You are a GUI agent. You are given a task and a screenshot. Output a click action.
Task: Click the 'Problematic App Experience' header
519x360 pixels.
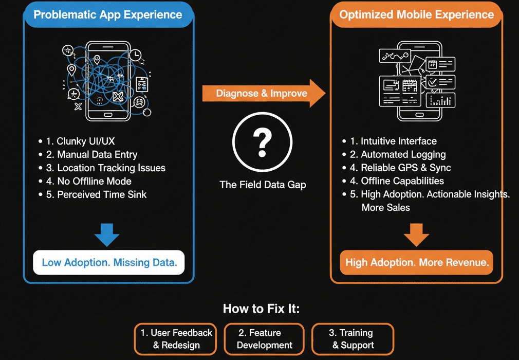coord(108,14)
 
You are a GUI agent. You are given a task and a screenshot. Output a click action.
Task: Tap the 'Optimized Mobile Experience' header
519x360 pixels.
coord(417,14)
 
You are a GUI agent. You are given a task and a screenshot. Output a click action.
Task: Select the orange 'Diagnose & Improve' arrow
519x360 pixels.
coord(262,93)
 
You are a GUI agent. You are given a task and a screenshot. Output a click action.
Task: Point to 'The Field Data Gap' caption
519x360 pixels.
coord(263,184)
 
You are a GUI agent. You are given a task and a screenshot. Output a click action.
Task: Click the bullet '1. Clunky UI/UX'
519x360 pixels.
coord(83,141)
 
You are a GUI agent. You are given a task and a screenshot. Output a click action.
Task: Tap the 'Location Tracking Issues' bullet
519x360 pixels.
coord(105,168)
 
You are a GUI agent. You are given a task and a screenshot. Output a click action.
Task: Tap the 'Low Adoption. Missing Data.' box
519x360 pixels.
coord(109,262)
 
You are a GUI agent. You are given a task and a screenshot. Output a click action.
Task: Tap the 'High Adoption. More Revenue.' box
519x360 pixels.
coord(417,262)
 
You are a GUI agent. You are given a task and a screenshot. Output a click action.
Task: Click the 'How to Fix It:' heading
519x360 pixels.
coord(261,309)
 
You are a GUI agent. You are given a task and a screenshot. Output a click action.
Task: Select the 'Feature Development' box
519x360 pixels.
coord(264,339)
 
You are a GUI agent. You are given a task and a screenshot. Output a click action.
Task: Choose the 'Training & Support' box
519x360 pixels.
coord(353,339)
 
